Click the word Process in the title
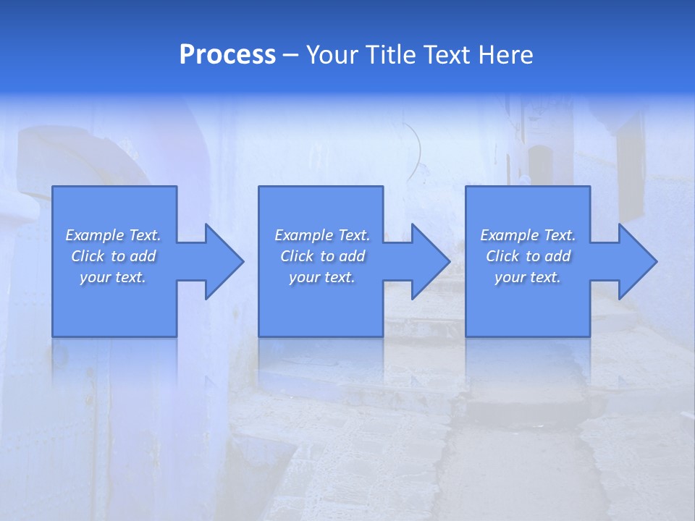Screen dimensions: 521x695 coord(227,55)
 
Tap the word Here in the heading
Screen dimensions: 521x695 coord(505,55)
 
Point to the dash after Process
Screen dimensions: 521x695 coord(291,56)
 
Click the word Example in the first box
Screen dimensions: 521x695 coord(94,235)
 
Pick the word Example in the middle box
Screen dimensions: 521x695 coord(303,235)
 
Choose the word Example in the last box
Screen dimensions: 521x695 coord(509,235)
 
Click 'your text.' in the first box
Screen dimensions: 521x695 coord(113,277)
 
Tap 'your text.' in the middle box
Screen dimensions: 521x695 coord(322,277)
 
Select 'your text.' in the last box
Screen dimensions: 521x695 coord(528,277)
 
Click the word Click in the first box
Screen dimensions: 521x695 coord(87,256)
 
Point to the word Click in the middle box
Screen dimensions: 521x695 coord(296,256)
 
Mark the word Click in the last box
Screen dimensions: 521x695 coord(502,256)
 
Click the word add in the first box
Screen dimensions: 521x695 coord(143,256)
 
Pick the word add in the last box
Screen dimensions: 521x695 coord(558,256)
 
